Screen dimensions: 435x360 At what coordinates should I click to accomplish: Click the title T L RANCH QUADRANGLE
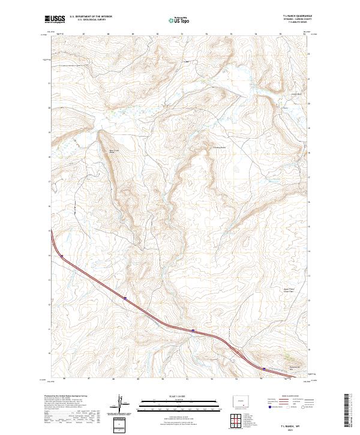point(295,16)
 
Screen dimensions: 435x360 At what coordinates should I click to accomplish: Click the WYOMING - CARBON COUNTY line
point(295,19)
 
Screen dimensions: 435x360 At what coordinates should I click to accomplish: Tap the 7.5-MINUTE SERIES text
point(295,23)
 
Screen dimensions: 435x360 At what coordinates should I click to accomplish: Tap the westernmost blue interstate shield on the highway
point(61,256)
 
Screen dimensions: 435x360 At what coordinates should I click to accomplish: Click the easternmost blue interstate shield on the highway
point(263,368)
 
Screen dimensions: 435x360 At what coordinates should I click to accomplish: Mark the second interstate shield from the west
point(125,297)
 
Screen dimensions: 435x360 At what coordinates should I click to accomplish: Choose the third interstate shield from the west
point(193,330)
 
